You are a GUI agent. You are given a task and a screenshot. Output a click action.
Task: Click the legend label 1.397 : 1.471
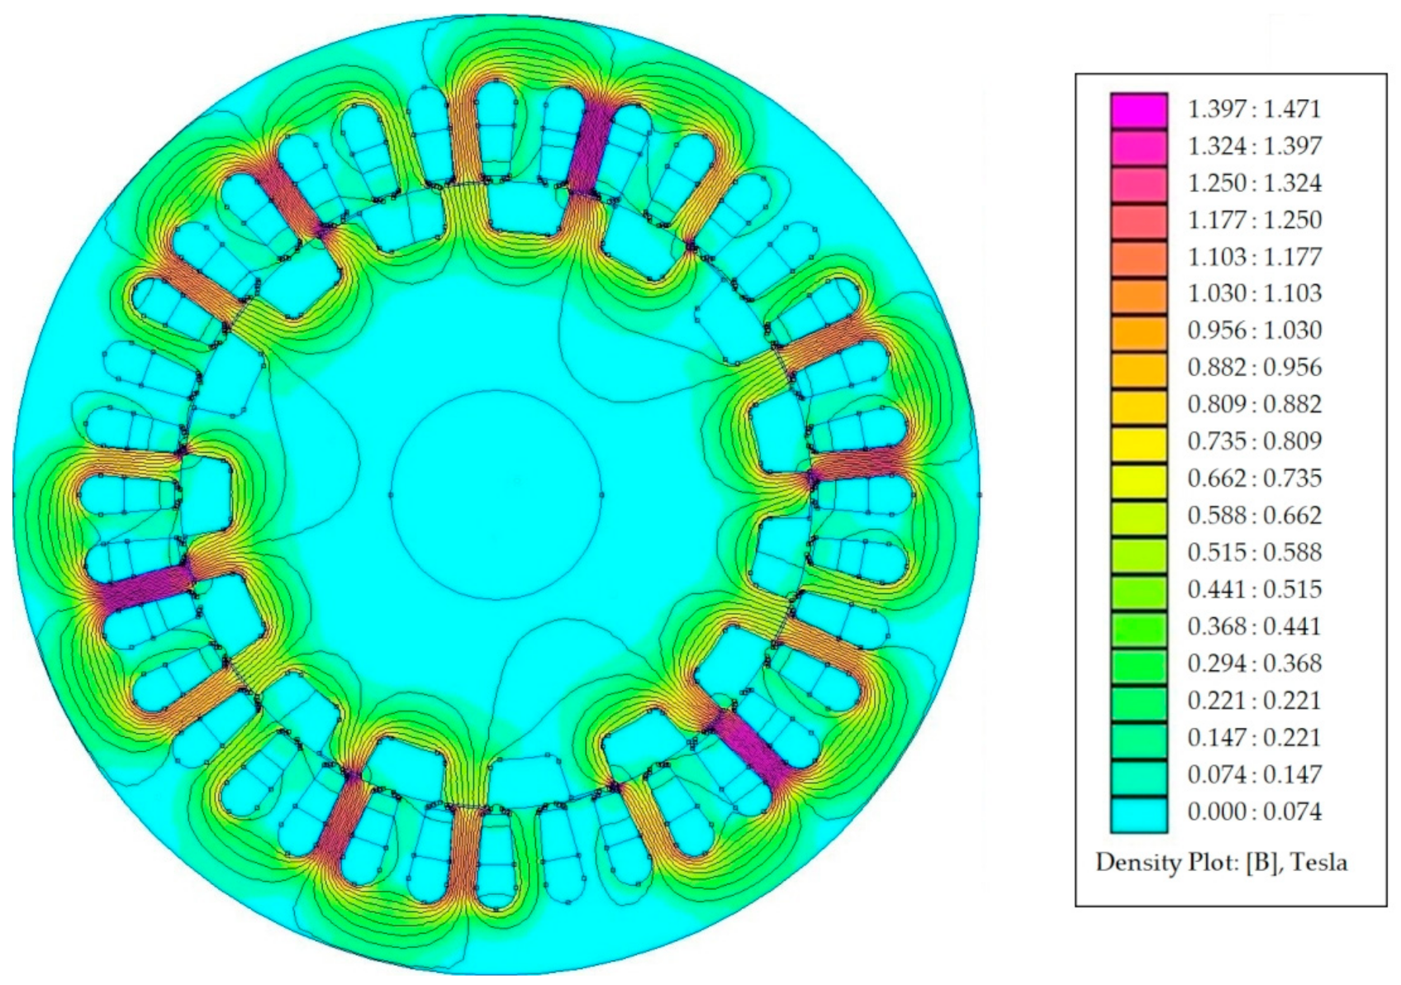(1254, 110)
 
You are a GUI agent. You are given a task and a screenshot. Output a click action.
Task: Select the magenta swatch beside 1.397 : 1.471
(1139, 111)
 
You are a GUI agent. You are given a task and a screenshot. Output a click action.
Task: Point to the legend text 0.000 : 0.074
(1254, 811)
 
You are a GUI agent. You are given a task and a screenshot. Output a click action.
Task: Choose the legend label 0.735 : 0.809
(1254, 441)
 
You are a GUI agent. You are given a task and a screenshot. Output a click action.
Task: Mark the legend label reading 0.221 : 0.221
(1254, 700)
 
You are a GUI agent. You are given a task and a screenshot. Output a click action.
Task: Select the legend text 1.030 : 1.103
(1254, 293)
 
